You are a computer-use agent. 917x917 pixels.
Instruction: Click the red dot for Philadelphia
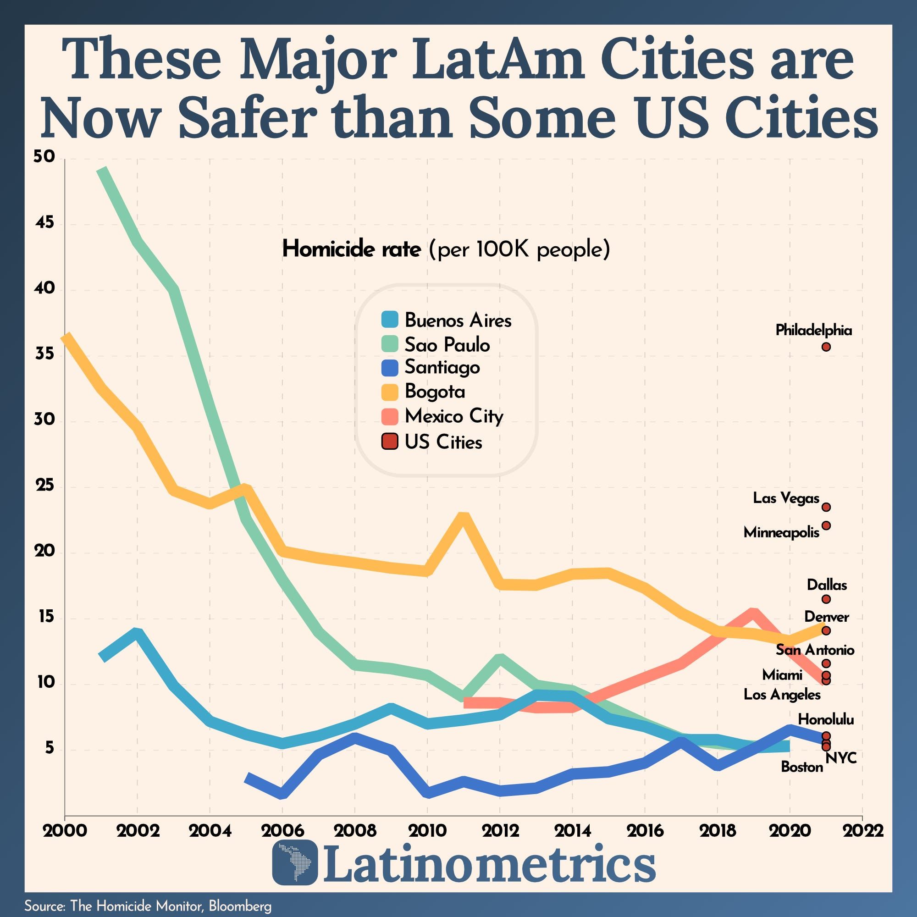click(x=826, y=347)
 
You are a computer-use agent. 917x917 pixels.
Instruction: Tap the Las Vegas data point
click(x=826, y=508)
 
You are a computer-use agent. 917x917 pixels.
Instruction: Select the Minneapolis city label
click(x=781, y=532)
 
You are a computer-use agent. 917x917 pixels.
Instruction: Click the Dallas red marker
click(x=826, y=599)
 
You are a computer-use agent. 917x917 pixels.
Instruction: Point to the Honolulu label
click(x=825, y=719)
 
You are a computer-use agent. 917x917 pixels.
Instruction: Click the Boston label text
click(x=801, y=767)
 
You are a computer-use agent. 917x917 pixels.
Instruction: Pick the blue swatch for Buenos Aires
click(x=389, y=320)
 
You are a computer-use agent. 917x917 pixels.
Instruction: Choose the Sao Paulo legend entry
click(x=447, y=345)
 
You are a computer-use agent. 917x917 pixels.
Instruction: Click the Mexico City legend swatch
click(x=389, y=416)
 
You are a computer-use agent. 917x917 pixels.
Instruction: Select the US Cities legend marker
click(x=389, y=442)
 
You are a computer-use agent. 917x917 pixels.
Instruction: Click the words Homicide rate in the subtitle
click(x=351, y=249)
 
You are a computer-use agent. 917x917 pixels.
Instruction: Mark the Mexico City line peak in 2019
click(x=753, y=613)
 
